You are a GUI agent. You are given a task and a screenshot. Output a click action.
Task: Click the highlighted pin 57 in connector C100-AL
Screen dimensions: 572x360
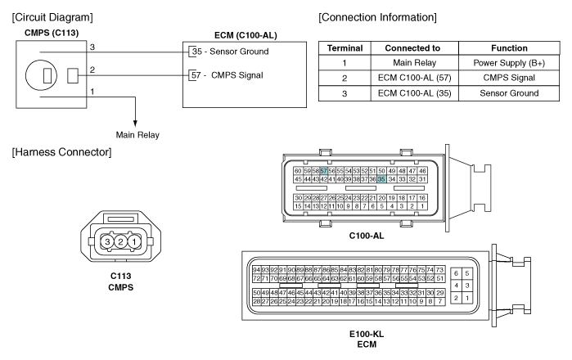[x=323, y=171]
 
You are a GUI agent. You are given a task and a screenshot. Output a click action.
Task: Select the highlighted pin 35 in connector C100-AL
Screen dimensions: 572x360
[x=381, y=179]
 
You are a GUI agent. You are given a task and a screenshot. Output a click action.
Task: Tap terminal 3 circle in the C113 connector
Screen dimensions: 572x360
[x=107, y=241]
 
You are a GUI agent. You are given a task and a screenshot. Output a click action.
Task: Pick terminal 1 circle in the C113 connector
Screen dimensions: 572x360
[x=134, y=241]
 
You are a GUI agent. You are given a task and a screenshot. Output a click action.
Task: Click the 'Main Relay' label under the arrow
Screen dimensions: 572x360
[x=137, y=135]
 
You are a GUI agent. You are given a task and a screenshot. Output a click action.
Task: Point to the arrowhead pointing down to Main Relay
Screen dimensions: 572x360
[x=135, y=123]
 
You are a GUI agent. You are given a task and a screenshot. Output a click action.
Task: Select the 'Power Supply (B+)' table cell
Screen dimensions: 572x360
[x=509, y=63]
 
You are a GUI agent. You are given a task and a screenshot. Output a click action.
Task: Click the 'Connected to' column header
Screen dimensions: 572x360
[x=412, y=48]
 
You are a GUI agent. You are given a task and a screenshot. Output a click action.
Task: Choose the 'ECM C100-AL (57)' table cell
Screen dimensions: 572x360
[x=414, y=78]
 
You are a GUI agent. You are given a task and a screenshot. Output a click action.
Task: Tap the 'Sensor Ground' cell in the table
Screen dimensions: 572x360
[x=509, y=93]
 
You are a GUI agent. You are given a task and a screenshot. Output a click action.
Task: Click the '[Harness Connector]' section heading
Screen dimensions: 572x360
[x=61, y=152]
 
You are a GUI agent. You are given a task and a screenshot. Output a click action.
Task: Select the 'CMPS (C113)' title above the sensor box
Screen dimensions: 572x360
[x=52, y=33]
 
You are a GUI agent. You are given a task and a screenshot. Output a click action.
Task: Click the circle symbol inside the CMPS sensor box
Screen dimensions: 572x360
[x=41, y=76]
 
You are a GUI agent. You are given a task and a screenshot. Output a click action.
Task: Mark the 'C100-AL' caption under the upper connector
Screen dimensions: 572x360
[x=367, y=236]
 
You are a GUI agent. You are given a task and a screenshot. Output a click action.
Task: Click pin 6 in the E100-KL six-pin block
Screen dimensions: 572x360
[x=456, y=273]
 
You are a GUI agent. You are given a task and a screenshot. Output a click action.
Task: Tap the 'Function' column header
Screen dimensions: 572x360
[x=509, y=48]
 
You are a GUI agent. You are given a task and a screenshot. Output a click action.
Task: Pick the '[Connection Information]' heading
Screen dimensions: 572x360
[x=377, y=17]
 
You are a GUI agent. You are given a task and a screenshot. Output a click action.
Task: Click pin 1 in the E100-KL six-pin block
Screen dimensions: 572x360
[x=467, y=298]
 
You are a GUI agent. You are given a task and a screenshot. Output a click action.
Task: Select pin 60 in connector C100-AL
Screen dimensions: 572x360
[x=298, y=171]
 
